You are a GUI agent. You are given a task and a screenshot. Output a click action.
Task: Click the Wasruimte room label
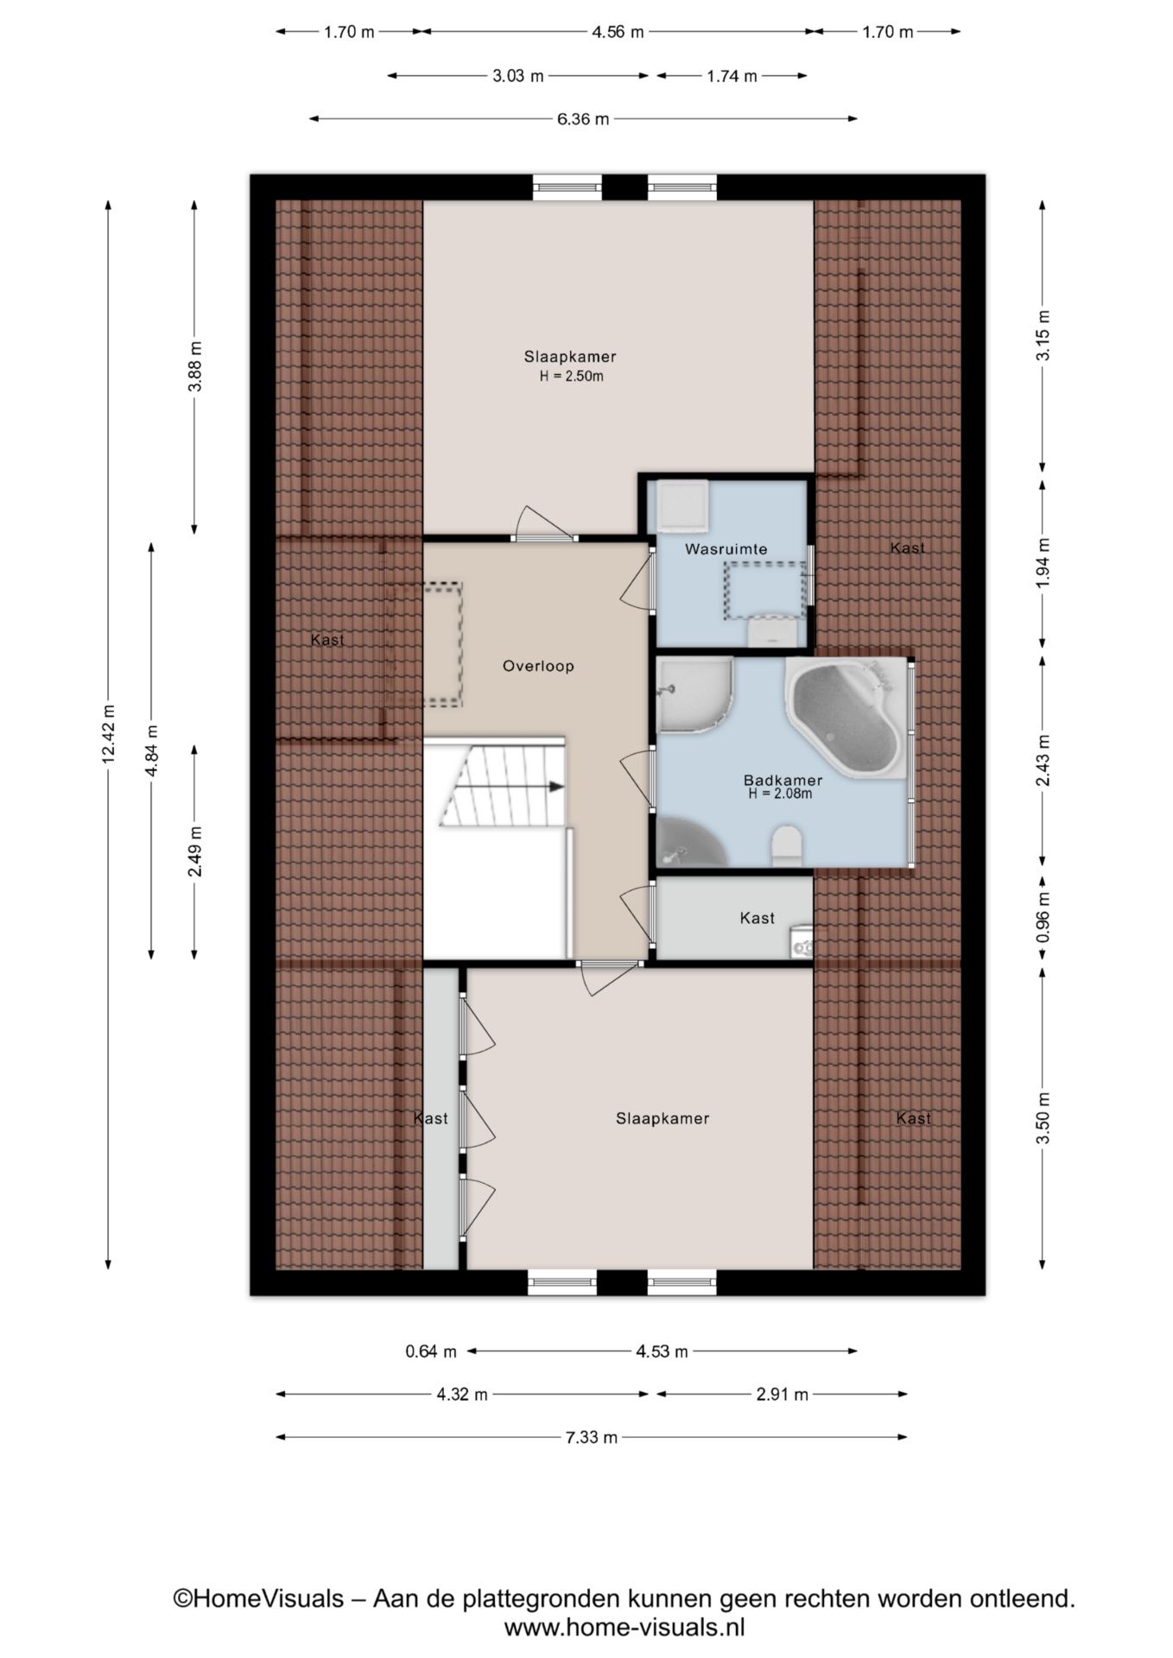pyautogui.click(x=726, y=549)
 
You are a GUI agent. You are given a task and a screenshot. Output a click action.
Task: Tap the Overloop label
pyautogui.click(x=538, y=666)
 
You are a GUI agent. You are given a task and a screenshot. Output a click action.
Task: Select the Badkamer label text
pyautogui.click(x=783, y=781)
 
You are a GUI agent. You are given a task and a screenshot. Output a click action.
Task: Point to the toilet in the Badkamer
pyautogui.click(x=787, y=845)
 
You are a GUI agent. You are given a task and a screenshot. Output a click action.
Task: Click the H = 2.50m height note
pyautogui.click(x=571, y=376)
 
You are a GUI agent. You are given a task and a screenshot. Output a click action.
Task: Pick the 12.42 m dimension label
pyautogui.click(x=108, y=734)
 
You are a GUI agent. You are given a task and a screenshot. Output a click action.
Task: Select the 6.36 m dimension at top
pyautogui.click(x=583, y=119)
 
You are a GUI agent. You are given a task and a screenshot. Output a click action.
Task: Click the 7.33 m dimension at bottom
pyautogui.click(x=592, y=1437)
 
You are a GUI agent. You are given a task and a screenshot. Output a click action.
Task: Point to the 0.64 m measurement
pyautogui.click(x=431, y=1351)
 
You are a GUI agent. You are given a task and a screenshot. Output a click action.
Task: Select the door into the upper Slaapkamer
pyautogui.click(x=544, y=524)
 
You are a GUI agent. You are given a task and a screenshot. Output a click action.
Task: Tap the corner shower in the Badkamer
pyautogui.click(x=694, y=695)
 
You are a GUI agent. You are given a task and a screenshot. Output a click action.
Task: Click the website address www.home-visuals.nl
pyautogui.click(x=625, y=1627)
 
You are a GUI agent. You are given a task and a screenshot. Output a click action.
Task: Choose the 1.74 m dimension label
pyautogui.click(x=732, y=76)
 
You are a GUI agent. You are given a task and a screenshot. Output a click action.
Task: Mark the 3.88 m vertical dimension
pyautogui.click(x=195, y=366)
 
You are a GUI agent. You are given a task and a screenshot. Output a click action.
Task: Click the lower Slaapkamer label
pyautogui.click(x=663, y=1118)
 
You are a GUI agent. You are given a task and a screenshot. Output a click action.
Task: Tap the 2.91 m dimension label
pyautogui.click(x=782, y=1394)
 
